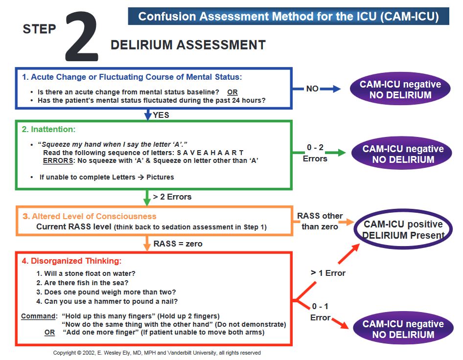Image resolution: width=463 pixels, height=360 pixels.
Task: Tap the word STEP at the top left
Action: click(x=40, y=29)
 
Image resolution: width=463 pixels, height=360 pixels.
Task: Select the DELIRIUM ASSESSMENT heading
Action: click(x=188, y=45)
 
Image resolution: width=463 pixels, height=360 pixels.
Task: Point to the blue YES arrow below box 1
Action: click(x=148, y=114)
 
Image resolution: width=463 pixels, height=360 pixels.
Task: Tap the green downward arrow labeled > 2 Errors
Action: click(x=147, y=198)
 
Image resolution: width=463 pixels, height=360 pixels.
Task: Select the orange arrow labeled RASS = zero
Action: click(x=147, y=243)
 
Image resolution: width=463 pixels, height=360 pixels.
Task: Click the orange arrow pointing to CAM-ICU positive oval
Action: click(x=346, y=223)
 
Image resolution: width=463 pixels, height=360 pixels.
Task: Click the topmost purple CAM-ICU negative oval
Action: click(x=400, y=90)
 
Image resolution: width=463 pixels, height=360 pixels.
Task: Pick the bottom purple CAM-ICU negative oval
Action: click(x=403, y=329)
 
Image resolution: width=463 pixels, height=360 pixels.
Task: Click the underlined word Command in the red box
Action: click(x=38, y=316)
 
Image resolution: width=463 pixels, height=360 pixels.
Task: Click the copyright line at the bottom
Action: click(x=157, y=353)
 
